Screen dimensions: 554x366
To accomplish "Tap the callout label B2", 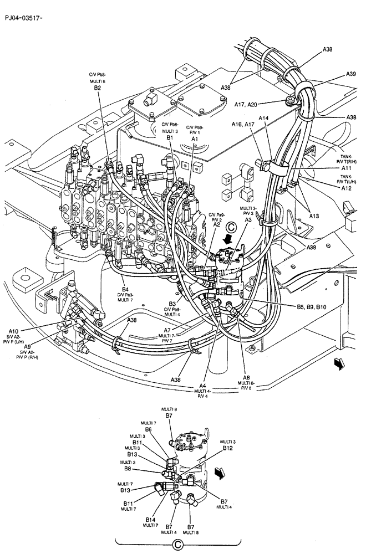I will point(97,88).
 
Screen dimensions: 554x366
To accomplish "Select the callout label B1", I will point(170,137).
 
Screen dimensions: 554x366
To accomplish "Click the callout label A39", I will point(350,74).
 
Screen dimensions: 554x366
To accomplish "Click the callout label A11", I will point(346,168).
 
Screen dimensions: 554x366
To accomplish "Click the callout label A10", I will point(14,331).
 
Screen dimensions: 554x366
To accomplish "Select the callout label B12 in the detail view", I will point(227,448).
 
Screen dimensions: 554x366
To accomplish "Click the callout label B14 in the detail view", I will point(151,519).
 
